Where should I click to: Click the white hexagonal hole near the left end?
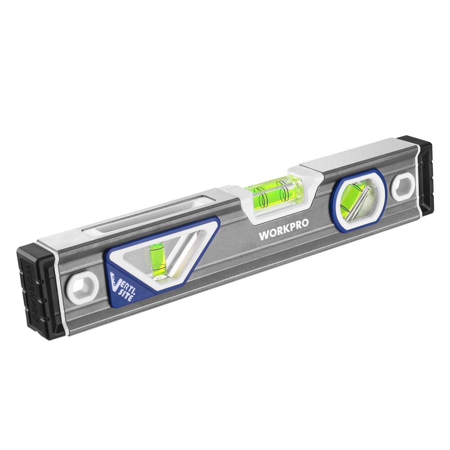pyautogui.click(x=83, y=286)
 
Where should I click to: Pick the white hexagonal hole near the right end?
pyautogui.click(x=402, y=186)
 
